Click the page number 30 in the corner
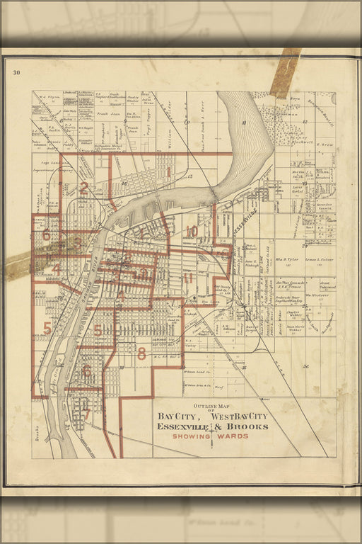16,72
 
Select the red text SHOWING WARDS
211,436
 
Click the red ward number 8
141,353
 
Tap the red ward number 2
83,188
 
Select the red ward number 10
192,231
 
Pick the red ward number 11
187,278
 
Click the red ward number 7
86,414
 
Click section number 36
305,366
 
